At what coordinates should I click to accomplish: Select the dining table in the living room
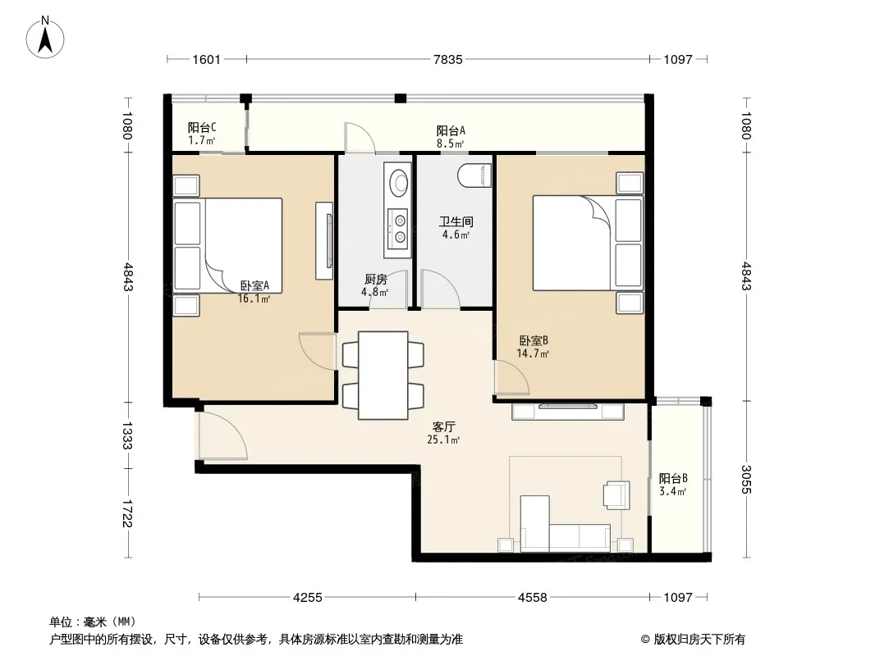[383, 375]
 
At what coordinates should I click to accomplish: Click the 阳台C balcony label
[201, 134]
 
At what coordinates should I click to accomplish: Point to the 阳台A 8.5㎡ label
[451, 137]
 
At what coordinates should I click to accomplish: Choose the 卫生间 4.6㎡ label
[456, 228]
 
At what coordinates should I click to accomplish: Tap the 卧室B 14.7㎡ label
[533, 347]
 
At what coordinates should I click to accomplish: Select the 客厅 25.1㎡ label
[443, 433]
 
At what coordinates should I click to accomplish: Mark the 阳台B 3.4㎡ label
[673, 485]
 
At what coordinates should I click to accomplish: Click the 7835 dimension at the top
[448, 60]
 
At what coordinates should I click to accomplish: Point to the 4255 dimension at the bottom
[308, 598]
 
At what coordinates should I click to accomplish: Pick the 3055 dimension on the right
[746, 480]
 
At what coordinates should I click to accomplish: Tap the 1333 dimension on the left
[126, 435]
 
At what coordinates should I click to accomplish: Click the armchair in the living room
[616, 495]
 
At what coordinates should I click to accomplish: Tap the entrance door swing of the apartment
[222, 435]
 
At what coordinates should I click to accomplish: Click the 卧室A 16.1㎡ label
[254, 292]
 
